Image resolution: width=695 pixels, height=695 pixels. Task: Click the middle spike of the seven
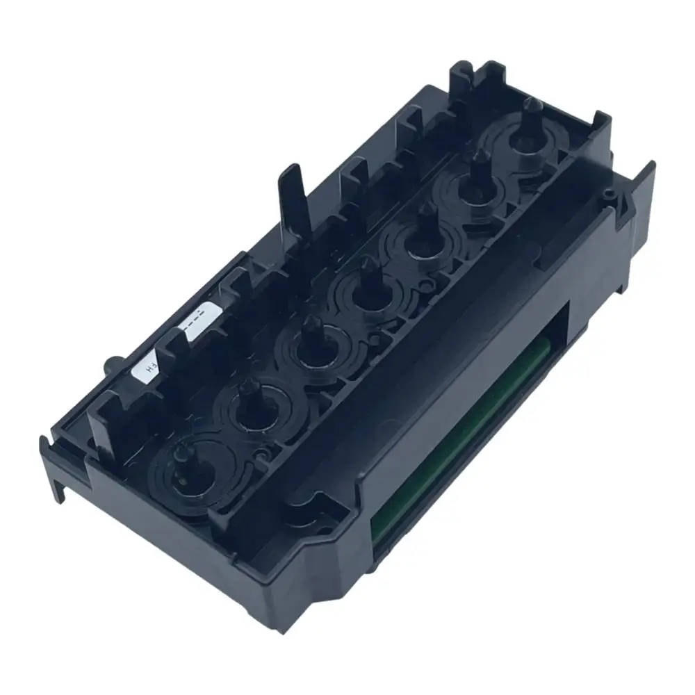(361, 288)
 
